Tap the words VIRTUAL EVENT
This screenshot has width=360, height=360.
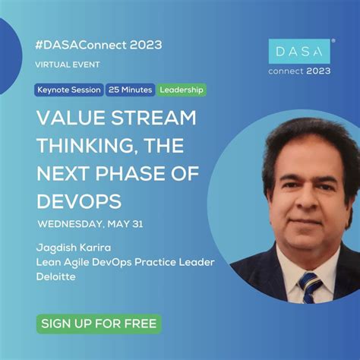coord(68,65)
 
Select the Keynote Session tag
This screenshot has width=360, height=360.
coord(69,90)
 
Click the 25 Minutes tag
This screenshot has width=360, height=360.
coord(131,90)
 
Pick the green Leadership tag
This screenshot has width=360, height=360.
coord(182,90)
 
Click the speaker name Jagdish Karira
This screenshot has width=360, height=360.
coord(72,248)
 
